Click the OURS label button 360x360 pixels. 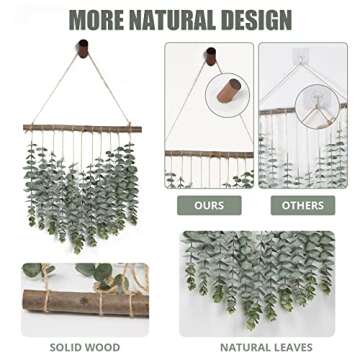click(x=209, y=206)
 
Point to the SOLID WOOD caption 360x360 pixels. click(x=85, y=347)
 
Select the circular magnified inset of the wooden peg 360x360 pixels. click(x=228, y=96)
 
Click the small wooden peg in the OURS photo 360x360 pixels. click(x=210, y=58)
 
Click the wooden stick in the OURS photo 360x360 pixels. click(x=209, y=153)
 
